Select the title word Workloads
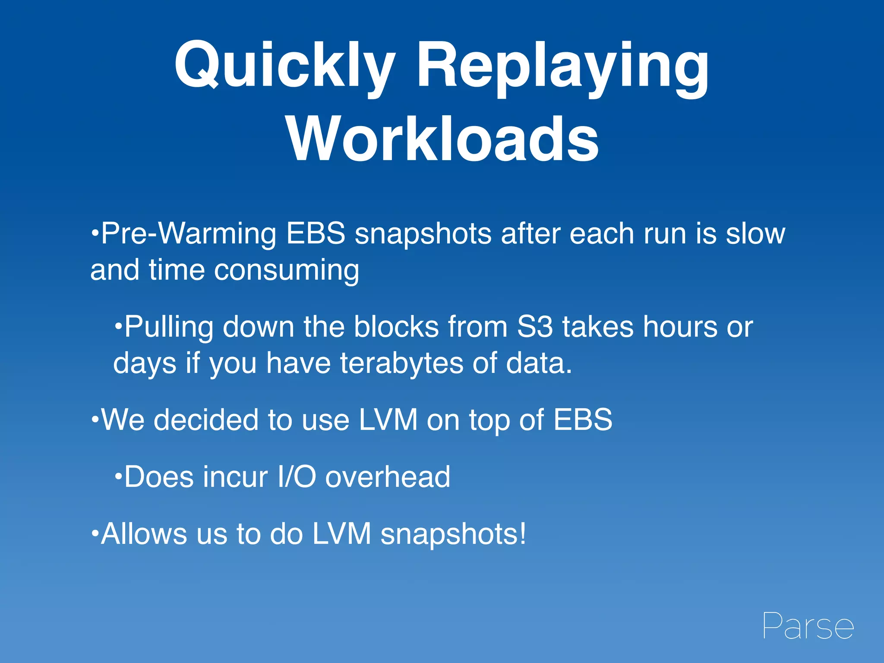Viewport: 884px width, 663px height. point(442,139)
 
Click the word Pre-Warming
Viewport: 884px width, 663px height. point(188,234)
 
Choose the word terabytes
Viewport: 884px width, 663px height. point(401,363)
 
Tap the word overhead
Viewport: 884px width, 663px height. point(388,477)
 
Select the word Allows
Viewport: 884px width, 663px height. point(143,534)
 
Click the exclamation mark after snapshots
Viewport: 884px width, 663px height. point(523,534)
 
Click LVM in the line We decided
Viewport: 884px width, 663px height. point(388,420)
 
